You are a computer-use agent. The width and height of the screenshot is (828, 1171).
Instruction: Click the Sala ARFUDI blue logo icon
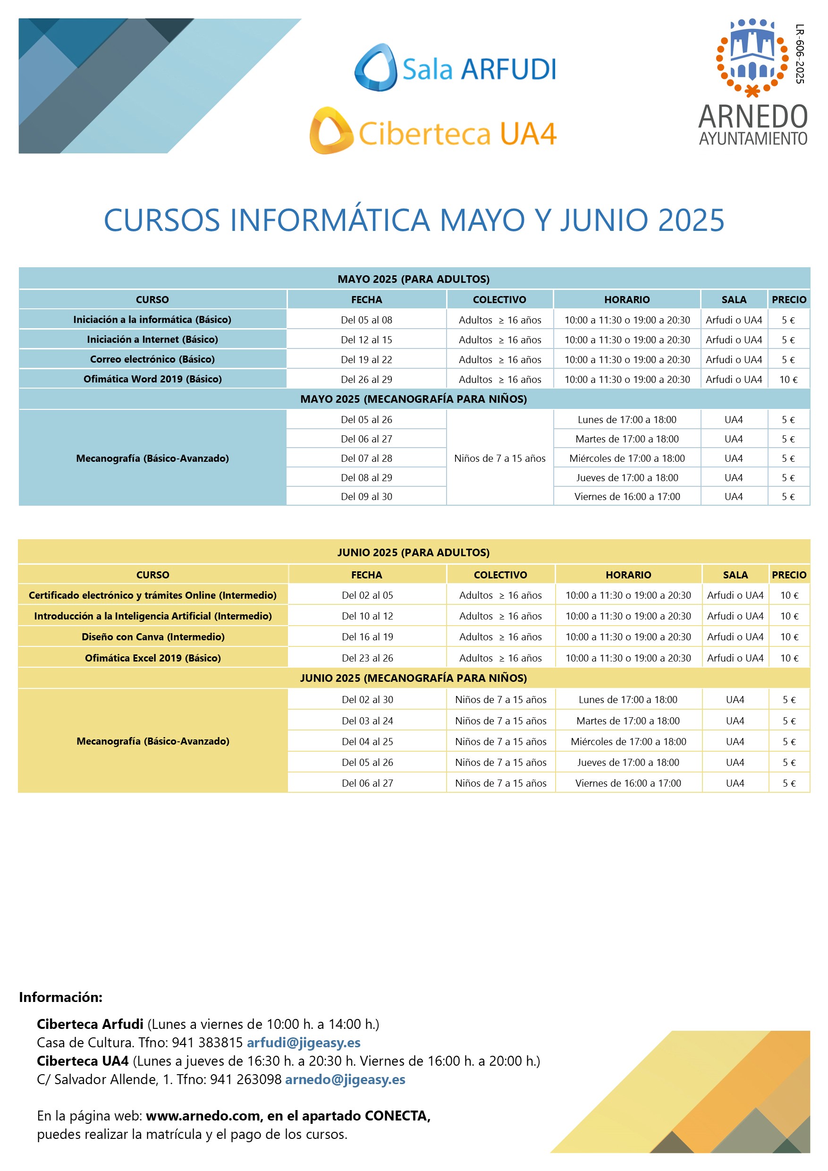coord(376,68)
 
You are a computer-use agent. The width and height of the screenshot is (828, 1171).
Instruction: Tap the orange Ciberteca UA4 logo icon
coord(331,131)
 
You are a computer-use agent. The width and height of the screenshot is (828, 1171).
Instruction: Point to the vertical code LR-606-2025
coord(800,53)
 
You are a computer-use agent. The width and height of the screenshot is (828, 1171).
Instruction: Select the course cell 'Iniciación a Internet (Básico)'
coord(152,339)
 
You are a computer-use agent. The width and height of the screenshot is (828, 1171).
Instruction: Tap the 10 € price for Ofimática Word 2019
coord(788,380)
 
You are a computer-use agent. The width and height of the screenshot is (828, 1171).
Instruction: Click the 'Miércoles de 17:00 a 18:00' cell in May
coord(626,458)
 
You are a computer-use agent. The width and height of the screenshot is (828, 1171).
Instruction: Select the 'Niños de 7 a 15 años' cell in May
coord(499,458)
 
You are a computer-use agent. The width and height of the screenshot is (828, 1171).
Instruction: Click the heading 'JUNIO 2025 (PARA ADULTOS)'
coord(413,552)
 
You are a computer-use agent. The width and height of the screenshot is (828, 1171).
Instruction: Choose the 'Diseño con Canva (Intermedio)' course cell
coord(153,637)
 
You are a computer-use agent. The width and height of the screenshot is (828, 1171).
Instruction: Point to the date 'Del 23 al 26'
coord(367,658)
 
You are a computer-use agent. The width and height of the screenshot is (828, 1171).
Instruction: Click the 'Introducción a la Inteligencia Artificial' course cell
coord(153,616)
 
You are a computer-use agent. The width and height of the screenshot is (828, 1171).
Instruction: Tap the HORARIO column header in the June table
coord(628,575)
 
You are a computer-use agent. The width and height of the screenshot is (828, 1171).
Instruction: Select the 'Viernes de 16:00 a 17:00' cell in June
coord(628,783)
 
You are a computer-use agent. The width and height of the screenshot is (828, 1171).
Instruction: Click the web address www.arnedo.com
coord(203,1116)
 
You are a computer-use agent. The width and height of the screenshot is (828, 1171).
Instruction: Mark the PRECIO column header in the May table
coord(789,300)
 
